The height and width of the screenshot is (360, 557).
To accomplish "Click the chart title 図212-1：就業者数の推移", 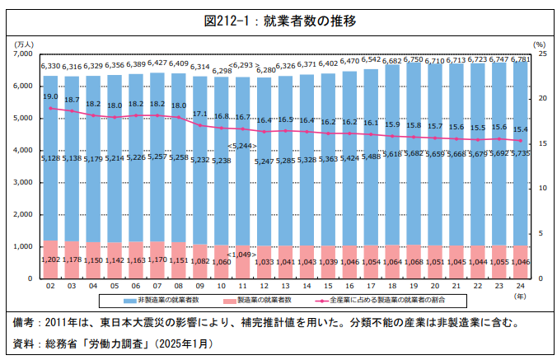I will (x=279, y=21).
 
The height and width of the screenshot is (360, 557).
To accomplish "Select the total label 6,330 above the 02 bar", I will (x=50, y=66).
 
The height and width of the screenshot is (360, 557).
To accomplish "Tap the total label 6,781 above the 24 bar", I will (x=520, y=59).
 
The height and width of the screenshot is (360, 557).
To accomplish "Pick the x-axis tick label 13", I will (x=285, y=287).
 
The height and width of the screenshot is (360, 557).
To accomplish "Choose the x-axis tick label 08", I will (x=178, y=287).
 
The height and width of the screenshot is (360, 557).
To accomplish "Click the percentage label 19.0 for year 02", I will (x=50, y=96).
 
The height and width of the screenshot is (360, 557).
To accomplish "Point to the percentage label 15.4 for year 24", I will (x=520, y=129).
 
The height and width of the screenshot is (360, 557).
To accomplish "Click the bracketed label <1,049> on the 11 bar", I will (x=242, y=255).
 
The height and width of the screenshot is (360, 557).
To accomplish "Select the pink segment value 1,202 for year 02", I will (x=50, y=259).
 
